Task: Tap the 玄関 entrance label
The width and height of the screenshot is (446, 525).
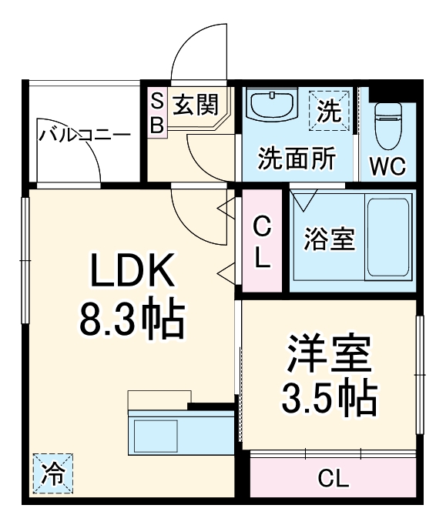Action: point(195,104)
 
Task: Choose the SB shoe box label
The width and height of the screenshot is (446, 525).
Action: point(157,113)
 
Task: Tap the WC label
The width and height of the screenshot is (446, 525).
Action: point(387,165)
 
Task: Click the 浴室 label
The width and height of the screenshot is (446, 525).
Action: point(329,239)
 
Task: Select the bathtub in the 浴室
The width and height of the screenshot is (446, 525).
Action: point(387,239)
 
